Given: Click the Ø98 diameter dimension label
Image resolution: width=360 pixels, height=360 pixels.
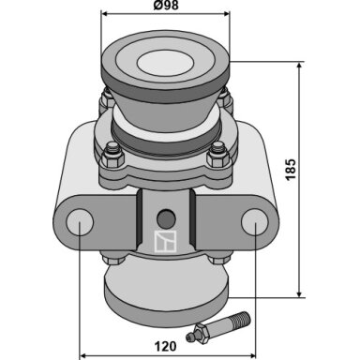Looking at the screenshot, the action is pos(166,5).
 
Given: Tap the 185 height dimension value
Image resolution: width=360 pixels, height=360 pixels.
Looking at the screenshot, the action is pos(291,170).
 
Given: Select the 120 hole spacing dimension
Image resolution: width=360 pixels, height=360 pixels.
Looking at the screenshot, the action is pos(165,347).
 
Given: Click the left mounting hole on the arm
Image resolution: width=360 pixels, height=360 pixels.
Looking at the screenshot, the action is pos(80,222).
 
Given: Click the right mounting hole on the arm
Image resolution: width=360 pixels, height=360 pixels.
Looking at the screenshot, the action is pos(255,222).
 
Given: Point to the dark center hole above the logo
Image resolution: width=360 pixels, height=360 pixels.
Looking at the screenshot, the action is pos(166,218).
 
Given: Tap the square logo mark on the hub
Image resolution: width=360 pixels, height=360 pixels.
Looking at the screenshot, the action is pos(166,241).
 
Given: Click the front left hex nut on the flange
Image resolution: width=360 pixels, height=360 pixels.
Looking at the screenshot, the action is pos(112,155).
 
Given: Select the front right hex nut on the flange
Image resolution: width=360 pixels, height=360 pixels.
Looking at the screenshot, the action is pos(217,155).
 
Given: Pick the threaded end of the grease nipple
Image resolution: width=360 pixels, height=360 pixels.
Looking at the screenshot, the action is pos(241,319).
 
